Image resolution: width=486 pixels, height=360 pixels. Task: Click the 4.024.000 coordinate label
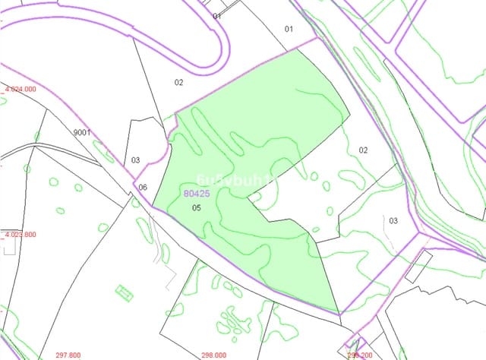[21, 89]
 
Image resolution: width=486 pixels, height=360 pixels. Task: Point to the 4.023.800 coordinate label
[21, 235]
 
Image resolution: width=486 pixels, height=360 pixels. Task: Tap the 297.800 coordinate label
[68, 355]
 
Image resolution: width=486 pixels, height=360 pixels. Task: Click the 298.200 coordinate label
[360, 355]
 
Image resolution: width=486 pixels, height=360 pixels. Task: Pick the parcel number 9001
[82, 133]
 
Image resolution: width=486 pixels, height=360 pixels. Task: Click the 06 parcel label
[143, 188]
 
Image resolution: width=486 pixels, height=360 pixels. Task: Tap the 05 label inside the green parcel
[196, 207]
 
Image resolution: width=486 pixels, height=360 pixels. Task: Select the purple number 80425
[197, 194]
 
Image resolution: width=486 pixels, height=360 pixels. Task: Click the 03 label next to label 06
[135, 159]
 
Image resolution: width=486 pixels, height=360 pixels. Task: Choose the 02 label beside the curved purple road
[179, 82]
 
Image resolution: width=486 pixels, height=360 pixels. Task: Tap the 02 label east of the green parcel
[363, 150]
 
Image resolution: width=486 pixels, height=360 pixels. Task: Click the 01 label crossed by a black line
[216, 15]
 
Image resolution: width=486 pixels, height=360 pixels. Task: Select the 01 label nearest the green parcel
[289, 29]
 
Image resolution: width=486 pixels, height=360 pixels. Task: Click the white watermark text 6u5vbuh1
[228, 179]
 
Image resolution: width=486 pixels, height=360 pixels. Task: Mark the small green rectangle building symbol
[123, 290]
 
